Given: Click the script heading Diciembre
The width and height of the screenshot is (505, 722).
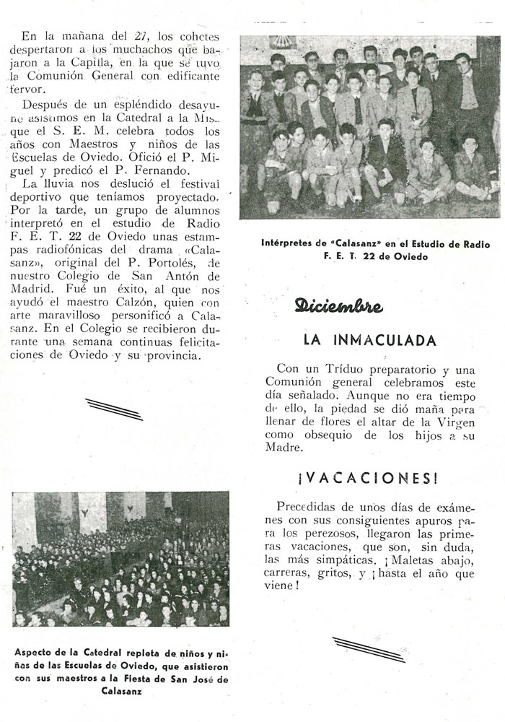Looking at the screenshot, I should click(x=338, y=305).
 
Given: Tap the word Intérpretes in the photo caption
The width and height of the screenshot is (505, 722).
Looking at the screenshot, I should click(x=294, y=244).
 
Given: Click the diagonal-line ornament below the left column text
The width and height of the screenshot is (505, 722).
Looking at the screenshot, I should click(x=114, y=409).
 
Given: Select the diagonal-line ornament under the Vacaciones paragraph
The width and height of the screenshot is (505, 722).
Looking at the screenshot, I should click(x=368, y=649).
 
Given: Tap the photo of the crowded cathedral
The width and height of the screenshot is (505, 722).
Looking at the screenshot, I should click(x=120, y=559).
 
